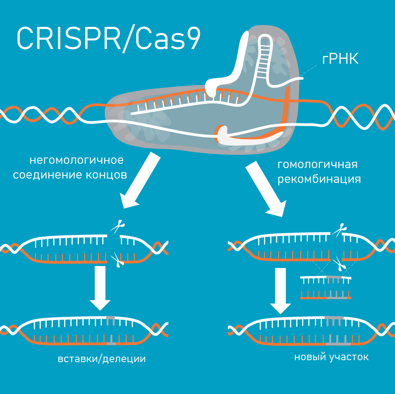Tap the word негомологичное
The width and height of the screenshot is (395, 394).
tap(76, 160)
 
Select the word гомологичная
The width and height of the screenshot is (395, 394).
tap(318, 164)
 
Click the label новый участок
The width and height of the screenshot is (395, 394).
tap(331, 357)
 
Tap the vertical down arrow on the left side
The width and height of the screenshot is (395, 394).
tap(100, 288)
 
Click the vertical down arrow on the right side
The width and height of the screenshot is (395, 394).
tap(280, 290)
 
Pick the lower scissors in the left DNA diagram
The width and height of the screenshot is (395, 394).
tap(117, 259)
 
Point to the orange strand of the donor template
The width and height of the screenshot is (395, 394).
tap(326, 298)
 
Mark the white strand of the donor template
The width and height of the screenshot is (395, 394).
tap(326, 277)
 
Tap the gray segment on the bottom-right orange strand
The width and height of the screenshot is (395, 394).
tap(338, 344)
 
